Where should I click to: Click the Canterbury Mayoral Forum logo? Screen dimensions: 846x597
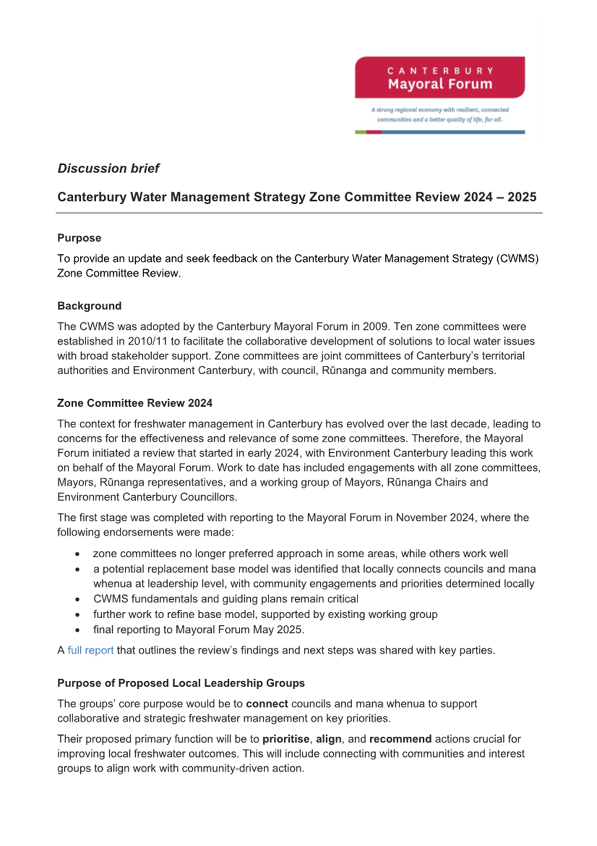[439, 77]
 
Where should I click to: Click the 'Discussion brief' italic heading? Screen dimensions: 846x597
[109, 169]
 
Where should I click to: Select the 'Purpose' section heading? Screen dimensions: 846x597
[79, 238]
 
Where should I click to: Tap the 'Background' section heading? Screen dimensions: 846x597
[89, 306]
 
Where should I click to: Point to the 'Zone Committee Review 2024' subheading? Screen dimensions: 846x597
[135, 403]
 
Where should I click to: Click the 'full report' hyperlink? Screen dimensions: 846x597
[90, 651]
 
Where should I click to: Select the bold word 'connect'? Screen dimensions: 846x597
[267, 704]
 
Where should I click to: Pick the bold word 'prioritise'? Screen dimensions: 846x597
[286, 739]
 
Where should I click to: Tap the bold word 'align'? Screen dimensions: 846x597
[329, 739]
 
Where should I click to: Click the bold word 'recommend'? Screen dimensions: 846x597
[400, 739]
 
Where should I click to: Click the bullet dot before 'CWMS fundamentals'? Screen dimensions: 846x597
[77, 599]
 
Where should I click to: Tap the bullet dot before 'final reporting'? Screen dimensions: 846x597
[77, 630]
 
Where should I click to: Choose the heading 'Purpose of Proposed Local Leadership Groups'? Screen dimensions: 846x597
[181, 683]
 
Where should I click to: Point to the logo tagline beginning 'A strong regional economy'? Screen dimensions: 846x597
[439, 115]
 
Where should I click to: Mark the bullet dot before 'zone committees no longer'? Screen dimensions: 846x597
[77, 554]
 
